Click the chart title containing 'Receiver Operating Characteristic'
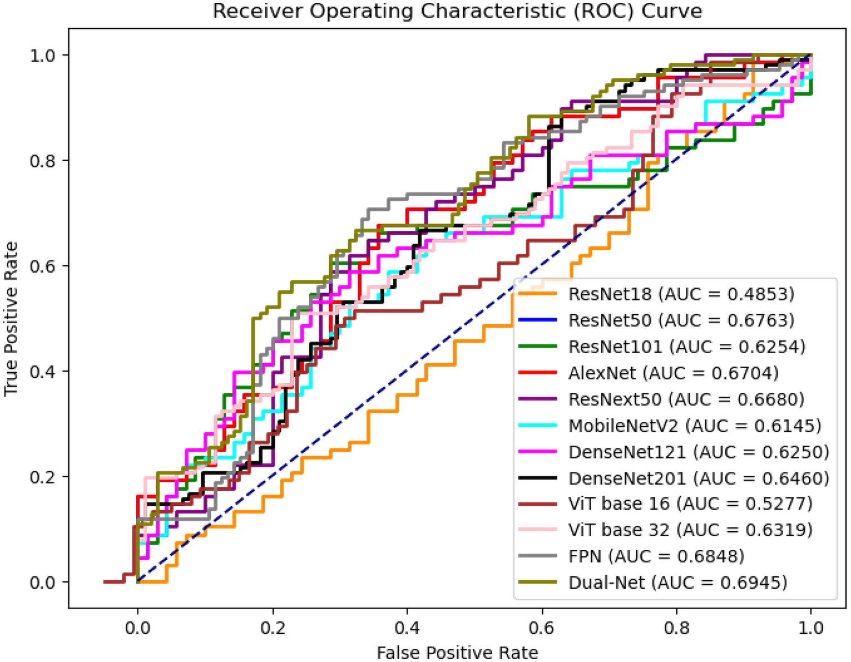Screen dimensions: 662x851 [x=457, y=11]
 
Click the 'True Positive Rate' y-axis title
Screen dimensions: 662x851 [x=11, y=319]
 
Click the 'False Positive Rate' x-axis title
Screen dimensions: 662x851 [x=457, y=652]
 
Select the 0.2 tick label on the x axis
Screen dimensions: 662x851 [x=272, y=628]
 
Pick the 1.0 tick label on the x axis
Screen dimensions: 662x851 [x=811, y=628]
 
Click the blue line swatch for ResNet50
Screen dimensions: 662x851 [x=537, y=320]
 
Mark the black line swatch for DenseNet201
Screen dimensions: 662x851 [x=537, y=478]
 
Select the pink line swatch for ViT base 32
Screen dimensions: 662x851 [x=537, y=530]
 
